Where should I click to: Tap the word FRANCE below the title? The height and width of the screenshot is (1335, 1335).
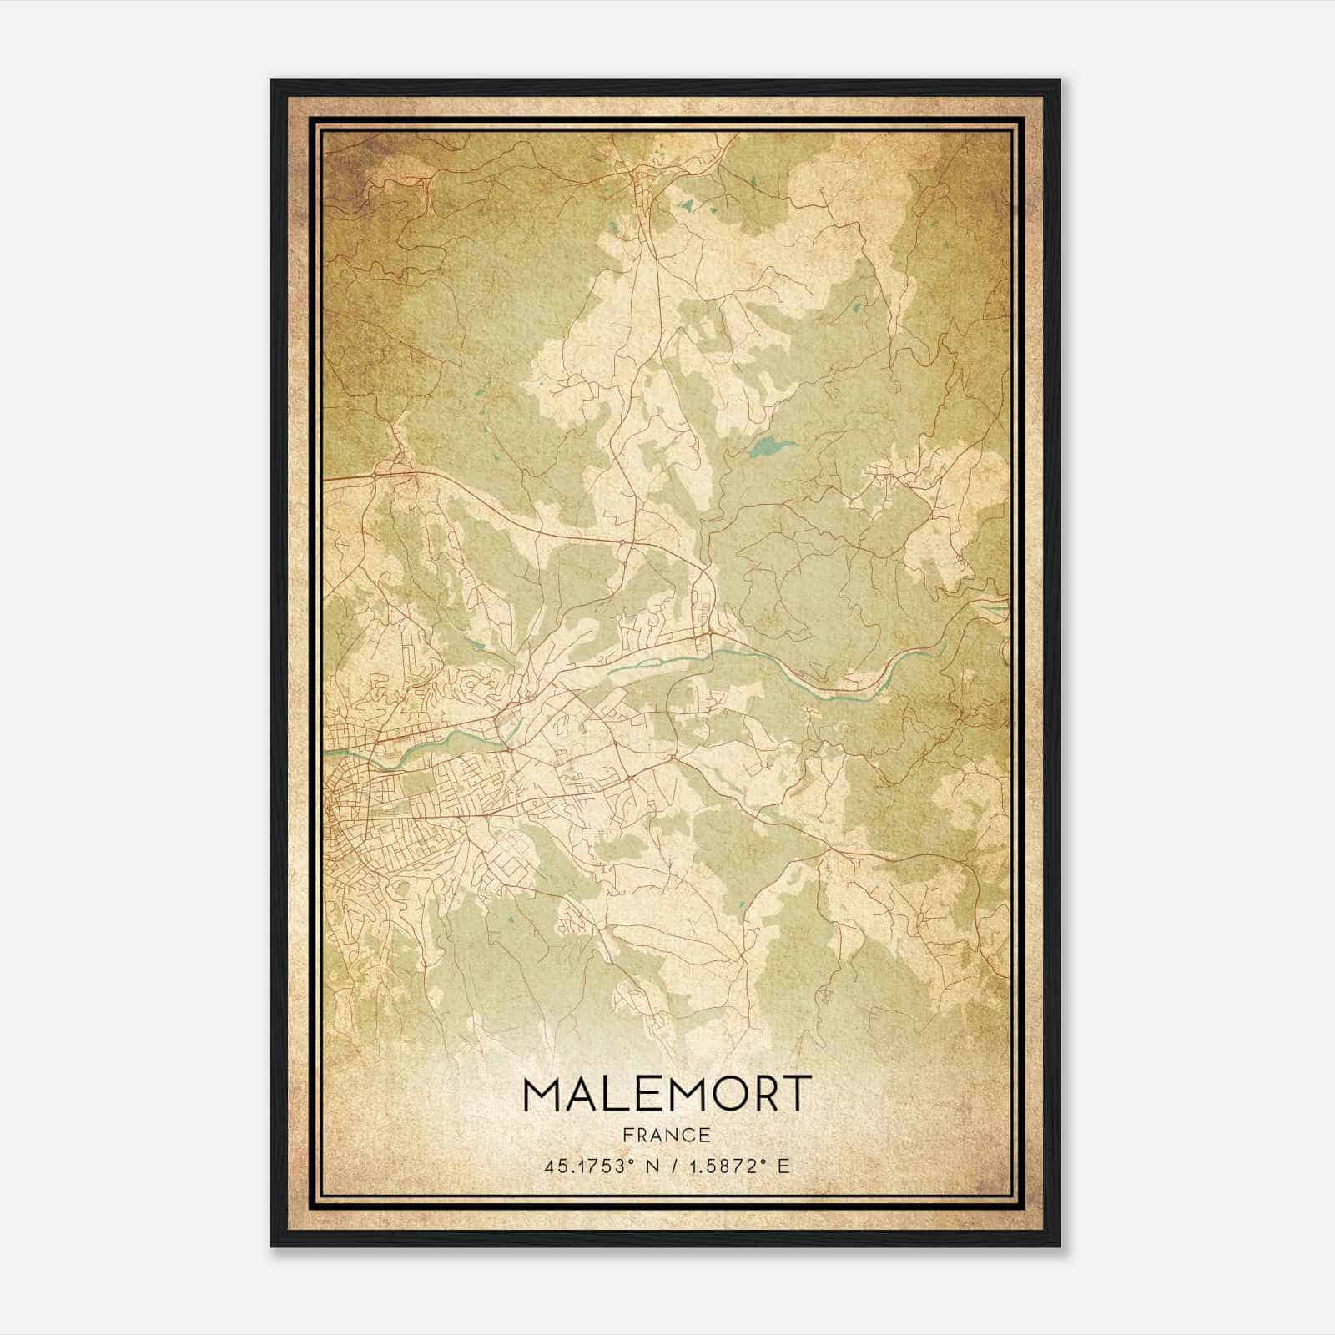[x=666, y=1135]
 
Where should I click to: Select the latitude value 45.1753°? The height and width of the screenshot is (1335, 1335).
[x=585, y=1166]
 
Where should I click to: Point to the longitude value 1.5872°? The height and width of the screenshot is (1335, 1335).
[x=727, y=1166]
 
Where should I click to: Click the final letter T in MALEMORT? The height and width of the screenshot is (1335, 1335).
[x=794, y=1093]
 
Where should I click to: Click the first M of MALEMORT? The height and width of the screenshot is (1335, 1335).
[x=538, y=1093]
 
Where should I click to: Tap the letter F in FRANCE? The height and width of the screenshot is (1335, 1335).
[x=625, y=1135]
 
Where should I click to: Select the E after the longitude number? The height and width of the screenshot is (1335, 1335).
[x=783, y=1166]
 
